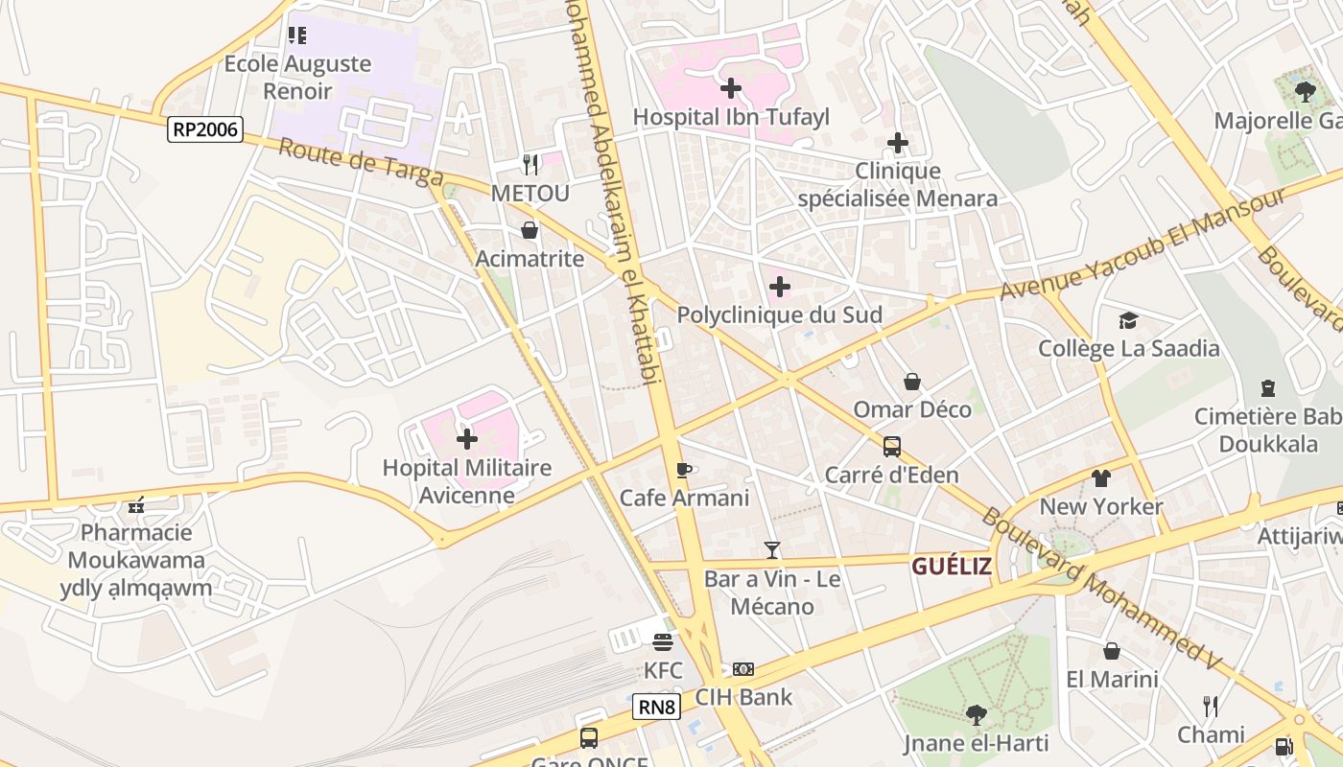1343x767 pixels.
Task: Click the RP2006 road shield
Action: coord(205,129)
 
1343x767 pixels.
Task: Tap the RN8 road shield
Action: coord(657,708)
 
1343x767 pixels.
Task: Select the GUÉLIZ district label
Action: coord(951,566)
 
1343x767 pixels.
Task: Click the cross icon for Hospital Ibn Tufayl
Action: coord(731,88)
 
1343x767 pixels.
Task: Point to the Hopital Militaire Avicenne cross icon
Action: coord(467,439)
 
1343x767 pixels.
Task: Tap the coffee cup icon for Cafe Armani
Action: coord(683,470)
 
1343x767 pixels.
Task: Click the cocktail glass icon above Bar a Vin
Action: coord(772,550)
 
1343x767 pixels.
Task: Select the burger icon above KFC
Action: coord(663,641)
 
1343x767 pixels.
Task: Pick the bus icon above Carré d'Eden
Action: coord(892,446)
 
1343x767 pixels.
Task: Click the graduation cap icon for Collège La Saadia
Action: coord(1128,320)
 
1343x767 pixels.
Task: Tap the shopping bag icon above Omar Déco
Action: coord(912,382)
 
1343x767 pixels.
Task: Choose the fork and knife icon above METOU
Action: coord(530,164)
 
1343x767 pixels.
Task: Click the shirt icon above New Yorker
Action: coord(1100,477)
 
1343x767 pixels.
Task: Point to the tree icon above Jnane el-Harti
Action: coord(976,714)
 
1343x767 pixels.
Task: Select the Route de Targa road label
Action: coord(361,164)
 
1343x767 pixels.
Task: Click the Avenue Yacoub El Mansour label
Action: coord(1142,244)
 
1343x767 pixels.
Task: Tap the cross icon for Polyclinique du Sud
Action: coord(780,287)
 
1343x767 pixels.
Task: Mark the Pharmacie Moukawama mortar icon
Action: coord(136,504)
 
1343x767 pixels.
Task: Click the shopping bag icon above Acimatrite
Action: coord(530,230)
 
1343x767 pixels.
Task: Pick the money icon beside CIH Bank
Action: coord(743,669)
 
